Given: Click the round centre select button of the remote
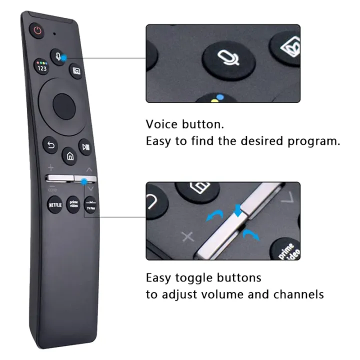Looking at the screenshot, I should pyautogui.click(x=64, y=106).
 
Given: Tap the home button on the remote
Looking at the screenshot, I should pyautogui.click(x=70, y=156).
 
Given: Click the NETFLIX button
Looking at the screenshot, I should pyautogui.click(x=54, y=204).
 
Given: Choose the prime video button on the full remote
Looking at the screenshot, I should pyautogui.click(x=73, y=205).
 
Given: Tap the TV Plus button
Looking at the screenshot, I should pyautogui.click(x=90, y=206).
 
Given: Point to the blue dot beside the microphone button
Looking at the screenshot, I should pyautogui.click(x=64, y=60).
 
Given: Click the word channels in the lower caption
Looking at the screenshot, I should pyautogui.click(x=298, y=294).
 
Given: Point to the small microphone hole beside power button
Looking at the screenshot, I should pyautogui.click(x=53, y=34).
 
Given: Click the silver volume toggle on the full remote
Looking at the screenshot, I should pyautogui.click(x=59, y=177).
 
